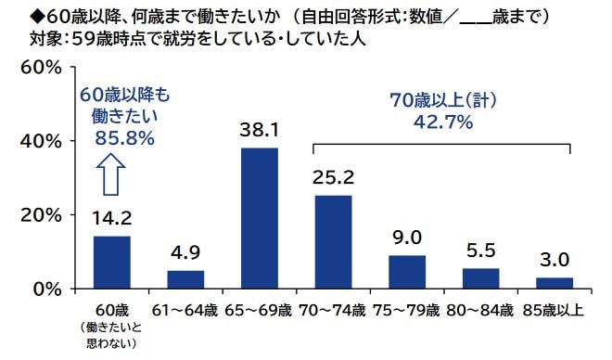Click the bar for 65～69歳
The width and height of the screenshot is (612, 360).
point(259,218)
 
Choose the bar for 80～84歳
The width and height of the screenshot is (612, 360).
point(480,277)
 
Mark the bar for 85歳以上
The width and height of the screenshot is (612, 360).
point(555,282)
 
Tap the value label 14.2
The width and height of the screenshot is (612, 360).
point(112,219)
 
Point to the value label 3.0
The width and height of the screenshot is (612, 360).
point(555,260)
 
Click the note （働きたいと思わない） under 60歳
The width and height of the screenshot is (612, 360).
point(111,336)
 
